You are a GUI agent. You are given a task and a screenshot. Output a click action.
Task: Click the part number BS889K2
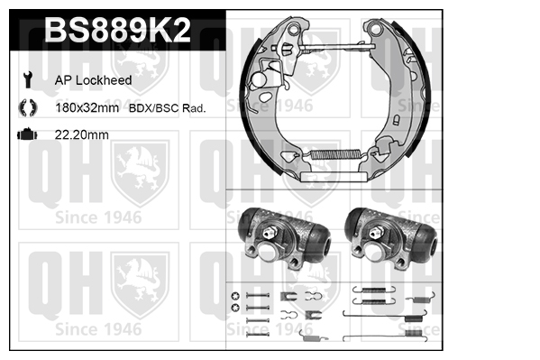click(x=117, y=30)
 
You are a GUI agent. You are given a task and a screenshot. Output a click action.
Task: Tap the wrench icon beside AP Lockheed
click(x=27, y=79)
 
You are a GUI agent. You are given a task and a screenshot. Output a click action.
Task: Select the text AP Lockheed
click(x=94, y=80)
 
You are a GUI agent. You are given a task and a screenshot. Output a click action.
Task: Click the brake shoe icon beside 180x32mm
click(x=28, y=107)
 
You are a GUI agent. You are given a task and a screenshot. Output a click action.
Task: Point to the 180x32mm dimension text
click(x=87, y=108)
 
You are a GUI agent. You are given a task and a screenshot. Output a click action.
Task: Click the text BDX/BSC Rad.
click(x=167, y=108)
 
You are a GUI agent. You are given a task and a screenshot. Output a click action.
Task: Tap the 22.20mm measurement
click(x=82, y=134)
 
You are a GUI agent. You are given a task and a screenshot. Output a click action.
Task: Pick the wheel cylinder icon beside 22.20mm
click(x=27, y=134)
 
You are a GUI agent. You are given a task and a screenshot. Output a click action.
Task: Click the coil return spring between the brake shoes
click(x=335, y=154)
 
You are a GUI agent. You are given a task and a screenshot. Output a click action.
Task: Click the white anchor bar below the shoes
click(x=334, y=177)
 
